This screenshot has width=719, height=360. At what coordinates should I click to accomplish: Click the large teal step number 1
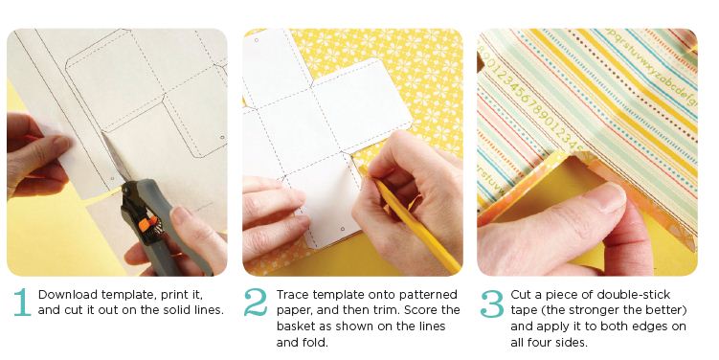coord(22,303)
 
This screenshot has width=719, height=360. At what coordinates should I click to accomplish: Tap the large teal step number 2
coord(256,303)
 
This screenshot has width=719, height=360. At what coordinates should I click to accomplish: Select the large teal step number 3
coord(492,304)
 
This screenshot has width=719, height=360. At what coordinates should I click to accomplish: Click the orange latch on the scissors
coord(145,225)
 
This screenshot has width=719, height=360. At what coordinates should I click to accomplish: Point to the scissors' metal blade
coord(116,157)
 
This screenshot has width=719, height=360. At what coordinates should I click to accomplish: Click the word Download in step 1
coord(68,294)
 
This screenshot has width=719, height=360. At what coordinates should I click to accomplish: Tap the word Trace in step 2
coord(290,294)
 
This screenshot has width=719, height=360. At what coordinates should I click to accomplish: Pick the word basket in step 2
coord(295,326)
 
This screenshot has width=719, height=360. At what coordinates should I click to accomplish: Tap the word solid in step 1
coord(179,310)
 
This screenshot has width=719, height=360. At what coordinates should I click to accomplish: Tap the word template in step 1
coord(128,295)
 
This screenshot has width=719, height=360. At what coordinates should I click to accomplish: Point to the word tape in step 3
coord(524,311)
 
